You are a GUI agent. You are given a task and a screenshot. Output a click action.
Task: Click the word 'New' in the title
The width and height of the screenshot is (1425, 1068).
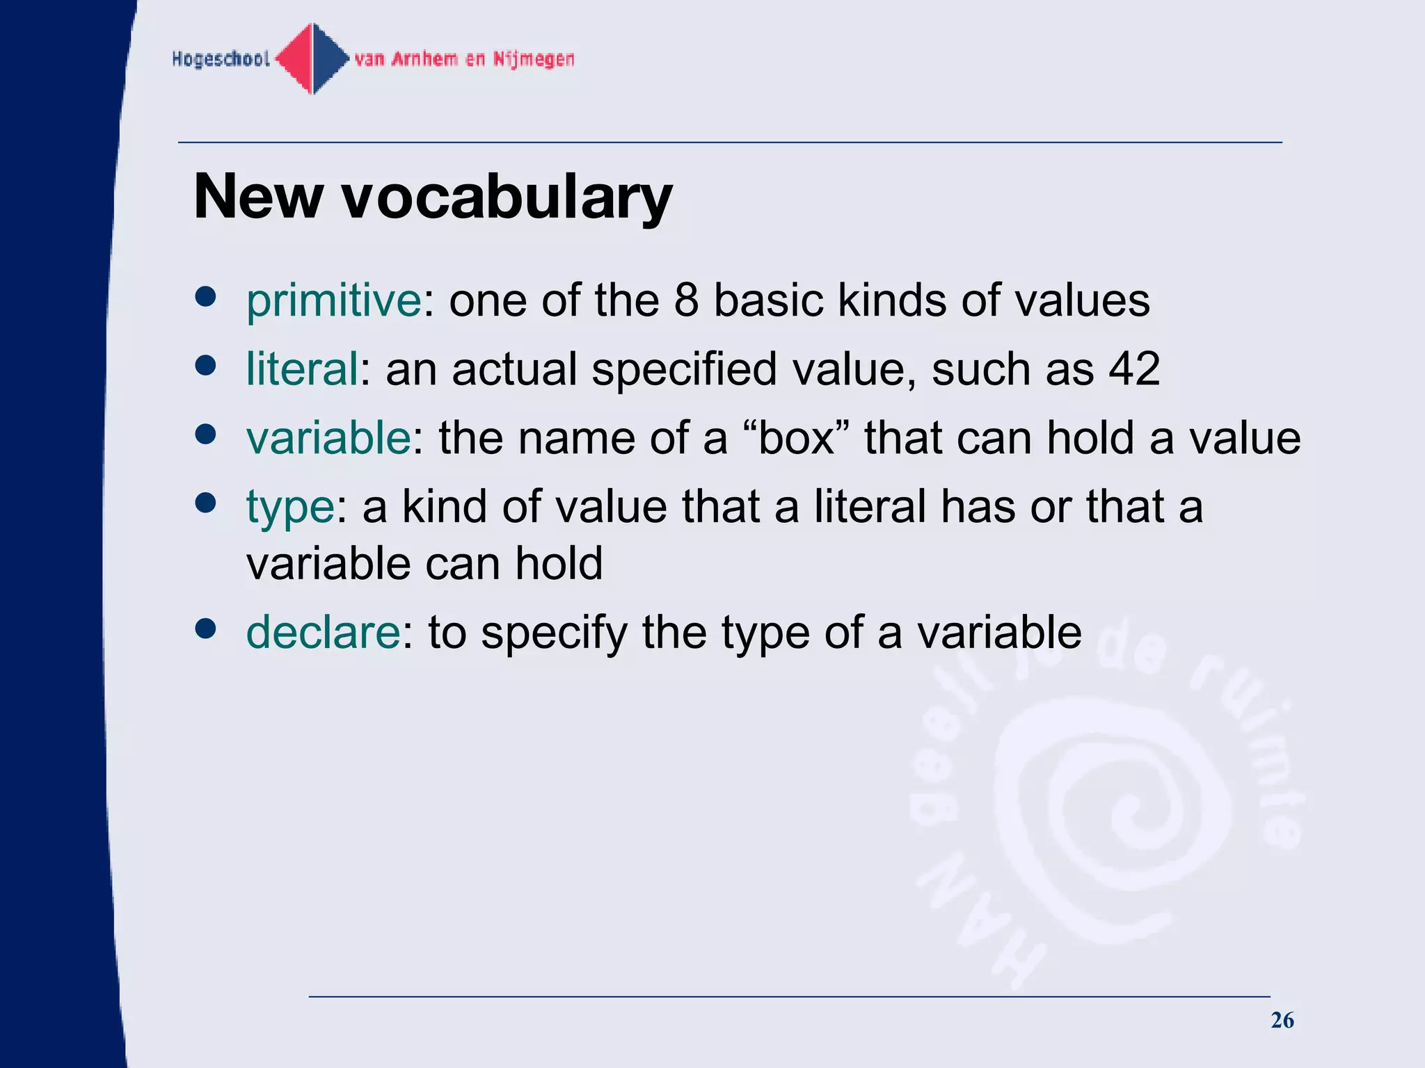pyautogui.click(x=257, y=197)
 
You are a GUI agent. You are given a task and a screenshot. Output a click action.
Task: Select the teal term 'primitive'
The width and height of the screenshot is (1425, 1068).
pyautogui.click(x=333, y=301)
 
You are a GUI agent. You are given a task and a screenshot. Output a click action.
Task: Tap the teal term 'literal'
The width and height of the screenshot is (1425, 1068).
pyautogui.click(x=302, y=369)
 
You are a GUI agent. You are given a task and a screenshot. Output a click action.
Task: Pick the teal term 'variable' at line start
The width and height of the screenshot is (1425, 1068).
pyautogui.click(x=328, y=438)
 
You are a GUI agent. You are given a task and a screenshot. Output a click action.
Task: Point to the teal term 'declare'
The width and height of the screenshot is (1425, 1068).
pyautogui.click(x=324, y=633)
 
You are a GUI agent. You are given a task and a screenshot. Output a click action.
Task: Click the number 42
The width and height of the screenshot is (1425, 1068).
pyautogui.click(x=1134, y=369)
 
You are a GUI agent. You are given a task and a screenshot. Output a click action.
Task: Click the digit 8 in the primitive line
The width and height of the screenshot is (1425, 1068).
pyautogui.click(x=686, y=301)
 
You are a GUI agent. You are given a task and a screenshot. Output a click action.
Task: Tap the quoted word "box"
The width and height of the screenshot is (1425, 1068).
pyautogui.click(x=796, y=438)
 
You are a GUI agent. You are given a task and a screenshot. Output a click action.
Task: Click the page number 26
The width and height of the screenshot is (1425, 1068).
pyautogui.click(x=1282, y=1020)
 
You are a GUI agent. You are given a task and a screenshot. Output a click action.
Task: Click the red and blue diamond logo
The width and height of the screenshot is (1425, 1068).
pyautogui.click(x=312, y=59)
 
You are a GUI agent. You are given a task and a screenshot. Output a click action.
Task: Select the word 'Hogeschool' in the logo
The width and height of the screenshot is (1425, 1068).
pyautogui.click(x=221, y=59)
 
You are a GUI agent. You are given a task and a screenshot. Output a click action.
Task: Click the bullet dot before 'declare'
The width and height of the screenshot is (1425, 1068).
pyautogui.click(x=205, y=629)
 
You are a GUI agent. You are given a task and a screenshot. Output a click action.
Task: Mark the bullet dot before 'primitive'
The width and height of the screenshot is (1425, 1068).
pyautogui.click(x=205, y=296)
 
